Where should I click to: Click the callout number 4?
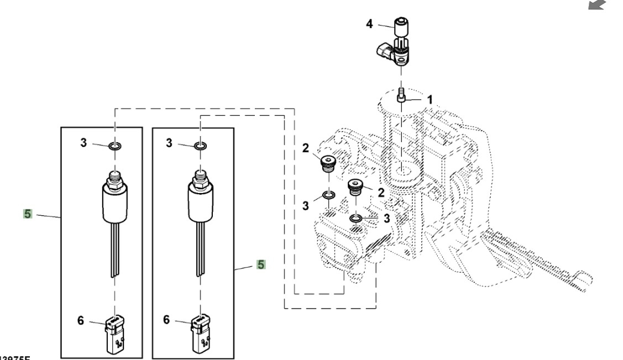[x=370, y=24]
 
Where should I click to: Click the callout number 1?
[x=430, y=100]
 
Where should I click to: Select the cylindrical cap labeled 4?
[x=401, y=25]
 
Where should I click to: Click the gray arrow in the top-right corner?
[x=597, y=6]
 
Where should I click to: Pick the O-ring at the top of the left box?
[x=114, y=146]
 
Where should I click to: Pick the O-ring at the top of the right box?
[x=201, y=146]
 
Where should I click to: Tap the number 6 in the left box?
[x=81, y=321]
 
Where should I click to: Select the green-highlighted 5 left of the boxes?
[x=27, y=213]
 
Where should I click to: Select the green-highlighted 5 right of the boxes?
[x=260, y=265]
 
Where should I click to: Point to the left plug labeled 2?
[x=328, y=164]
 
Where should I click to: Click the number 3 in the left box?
[x=83, y=143]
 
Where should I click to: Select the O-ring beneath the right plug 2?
[x=357, y=220]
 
